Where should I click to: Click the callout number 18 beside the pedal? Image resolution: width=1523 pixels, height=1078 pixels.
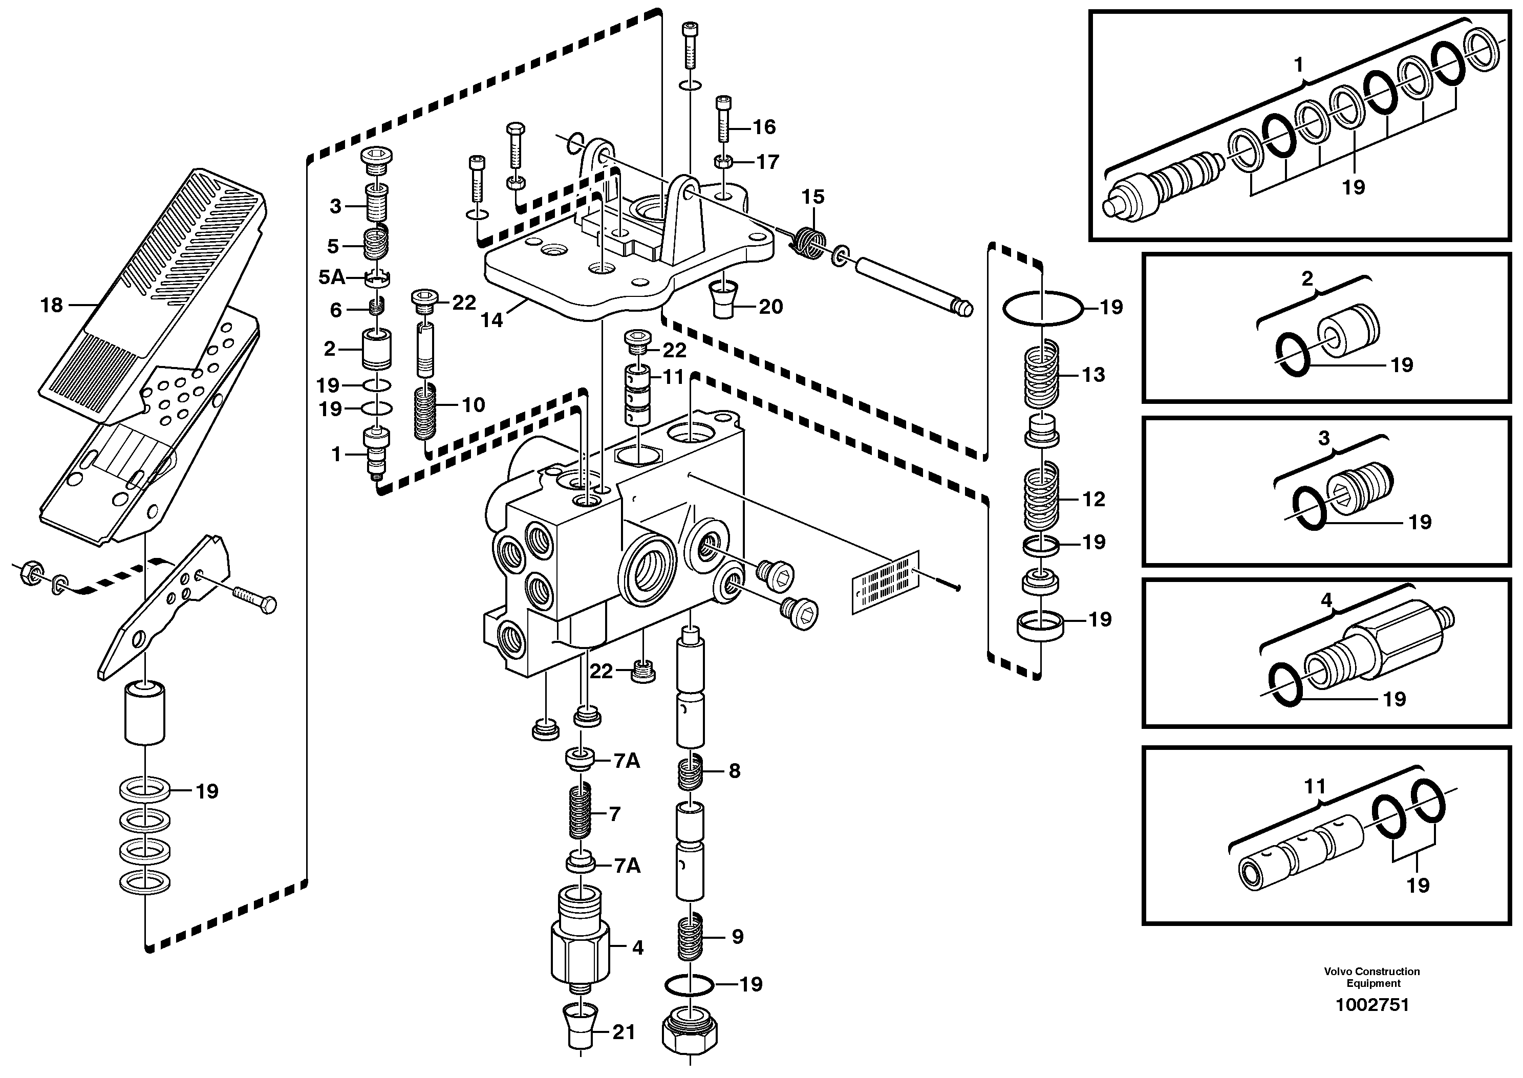51,306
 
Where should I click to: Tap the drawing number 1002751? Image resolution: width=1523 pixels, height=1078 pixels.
1371,1004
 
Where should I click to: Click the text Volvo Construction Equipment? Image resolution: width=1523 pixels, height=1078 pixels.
1371,977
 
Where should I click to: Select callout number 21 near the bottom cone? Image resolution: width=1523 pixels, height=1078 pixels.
624,1032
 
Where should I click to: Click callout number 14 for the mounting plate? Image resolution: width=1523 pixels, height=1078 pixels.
492,320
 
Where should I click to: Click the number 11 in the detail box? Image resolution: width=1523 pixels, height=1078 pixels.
1315,787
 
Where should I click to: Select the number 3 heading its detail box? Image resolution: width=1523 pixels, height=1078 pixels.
1324,438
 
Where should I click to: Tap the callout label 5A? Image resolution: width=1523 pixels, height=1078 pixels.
331,277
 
